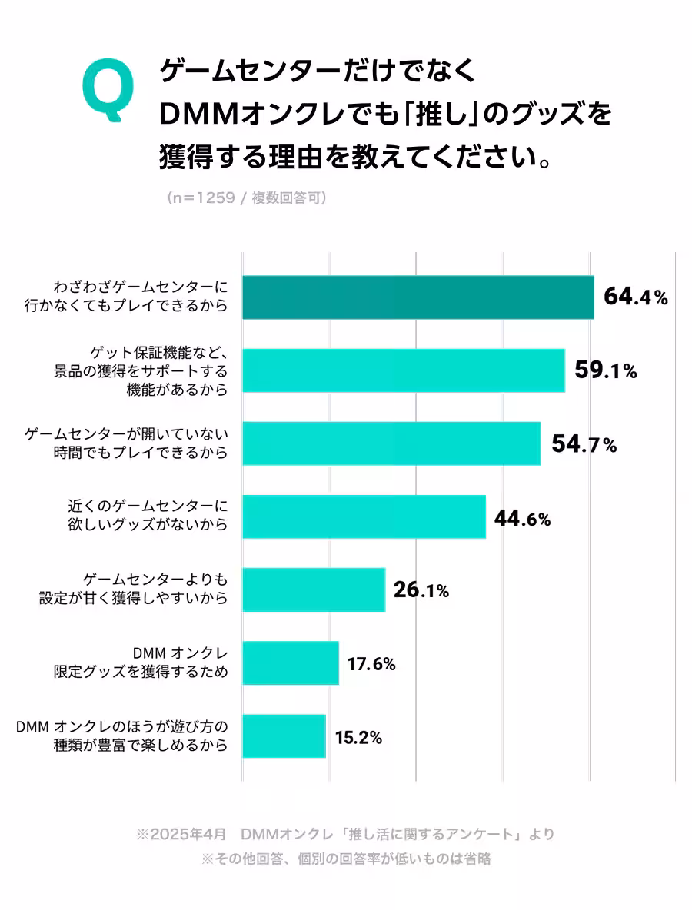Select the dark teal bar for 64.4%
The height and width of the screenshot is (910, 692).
418,297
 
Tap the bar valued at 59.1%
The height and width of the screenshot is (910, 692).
403,370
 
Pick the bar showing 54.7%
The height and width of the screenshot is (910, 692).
391,443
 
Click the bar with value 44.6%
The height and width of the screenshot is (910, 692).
364,516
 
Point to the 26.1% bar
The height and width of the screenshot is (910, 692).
313,590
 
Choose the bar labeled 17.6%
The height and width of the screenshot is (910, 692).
290,663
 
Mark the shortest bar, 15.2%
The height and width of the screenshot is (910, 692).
284,736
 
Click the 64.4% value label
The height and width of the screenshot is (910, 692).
635,297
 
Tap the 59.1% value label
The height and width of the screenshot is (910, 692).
606,370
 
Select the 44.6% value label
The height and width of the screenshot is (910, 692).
522,519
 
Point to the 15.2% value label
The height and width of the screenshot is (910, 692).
358,738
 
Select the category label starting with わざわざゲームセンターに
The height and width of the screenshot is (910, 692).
141,297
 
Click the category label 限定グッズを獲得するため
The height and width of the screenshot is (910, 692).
141,672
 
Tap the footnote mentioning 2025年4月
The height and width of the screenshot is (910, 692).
345,834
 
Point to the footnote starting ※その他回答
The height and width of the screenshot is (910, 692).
345,859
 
